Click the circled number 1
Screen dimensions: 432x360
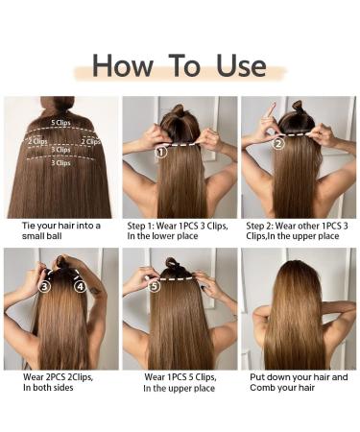tap(160, 151)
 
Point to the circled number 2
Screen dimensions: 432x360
tap(278, 144)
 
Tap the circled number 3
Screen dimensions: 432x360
tap(44, 286)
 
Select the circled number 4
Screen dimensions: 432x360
tap(80, 286)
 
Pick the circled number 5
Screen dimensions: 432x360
tap(155, 286)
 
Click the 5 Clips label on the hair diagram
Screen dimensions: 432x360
tap(60, 123)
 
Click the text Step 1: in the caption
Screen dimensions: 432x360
tap(143, 226)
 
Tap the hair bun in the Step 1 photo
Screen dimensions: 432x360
tap(179, 110)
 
